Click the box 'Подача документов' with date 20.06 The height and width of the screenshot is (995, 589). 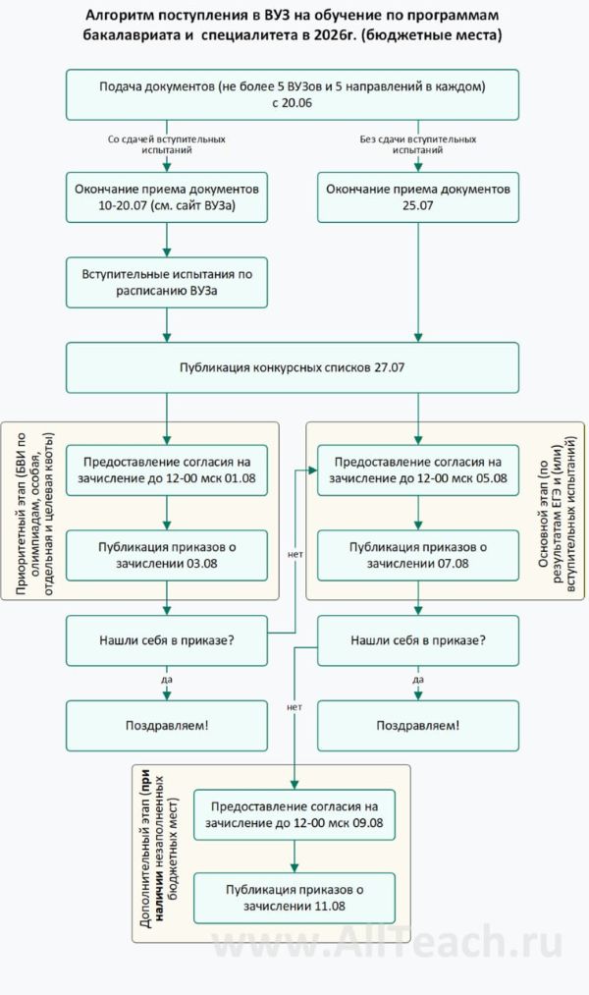coord(293,94)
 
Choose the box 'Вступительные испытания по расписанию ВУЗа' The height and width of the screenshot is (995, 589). coord(167,283)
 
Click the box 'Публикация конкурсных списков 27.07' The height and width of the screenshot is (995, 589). coord(293,366)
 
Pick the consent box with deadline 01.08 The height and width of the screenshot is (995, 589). coord(167,470)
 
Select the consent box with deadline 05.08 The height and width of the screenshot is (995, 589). coord(418,470)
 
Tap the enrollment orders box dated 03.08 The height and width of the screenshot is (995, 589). coord(167,554)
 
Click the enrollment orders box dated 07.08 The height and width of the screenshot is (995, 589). coord(418,554)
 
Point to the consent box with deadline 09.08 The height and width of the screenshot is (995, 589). coord(294,813)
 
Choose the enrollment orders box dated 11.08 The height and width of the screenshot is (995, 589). coord(294,897)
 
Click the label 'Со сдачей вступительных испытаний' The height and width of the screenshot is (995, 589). coord(167,145)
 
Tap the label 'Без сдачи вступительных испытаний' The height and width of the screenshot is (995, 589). coord(418,145)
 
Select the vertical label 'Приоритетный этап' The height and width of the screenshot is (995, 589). coord(34,511)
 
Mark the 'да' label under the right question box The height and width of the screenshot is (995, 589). coord(418,679)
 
